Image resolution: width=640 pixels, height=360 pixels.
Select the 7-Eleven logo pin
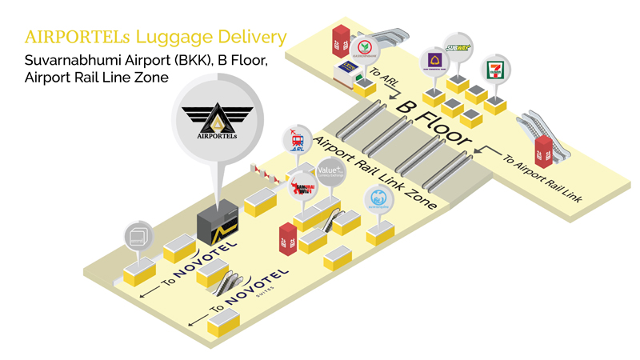point(497,69)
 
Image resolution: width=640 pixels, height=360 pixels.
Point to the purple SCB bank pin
point(435,62)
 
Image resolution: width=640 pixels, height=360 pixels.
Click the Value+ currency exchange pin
point(330,172)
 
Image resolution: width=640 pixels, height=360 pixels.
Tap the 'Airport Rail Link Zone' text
point(375,173)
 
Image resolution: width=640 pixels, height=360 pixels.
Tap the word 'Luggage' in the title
point(170,37)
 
